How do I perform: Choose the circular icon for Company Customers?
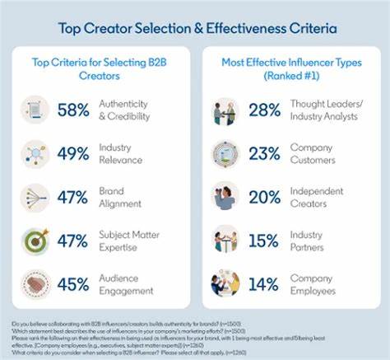[224, 153]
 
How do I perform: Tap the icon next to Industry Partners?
[224, 240]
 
